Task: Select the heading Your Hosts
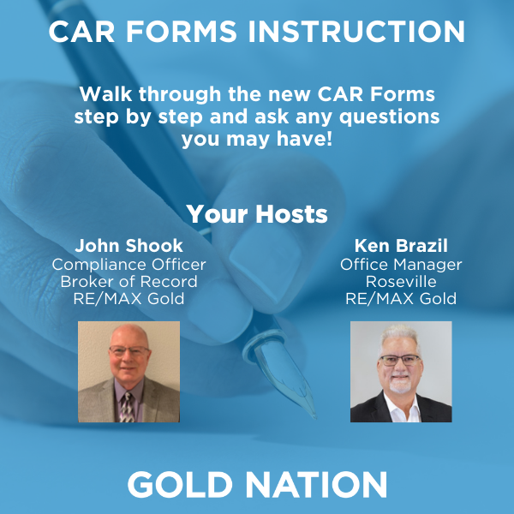tap(257, 213)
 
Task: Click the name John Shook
tap(128, 246)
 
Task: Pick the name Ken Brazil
tap(401, 246)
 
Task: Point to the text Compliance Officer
tap(128, 265)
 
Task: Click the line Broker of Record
tap(128, 282)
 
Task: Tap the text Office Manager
tap(401, 265)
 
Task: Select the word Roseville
tap(401, 282)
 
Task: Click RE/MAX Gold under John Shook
tap(128, 299)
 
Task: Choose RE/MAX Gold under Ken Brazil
tap(401, 299)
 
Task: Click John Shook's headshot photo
tap(128, 372)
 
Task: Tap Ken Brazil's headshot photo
tap(401, 372)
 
